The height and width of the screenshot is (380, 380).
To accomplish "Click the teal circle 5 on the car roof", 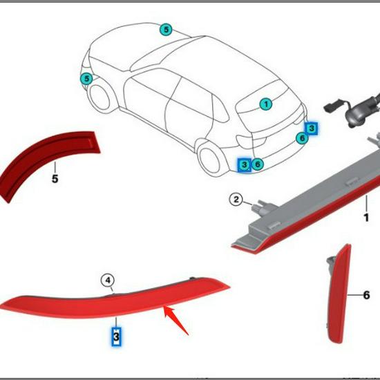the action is (x=166, y=30).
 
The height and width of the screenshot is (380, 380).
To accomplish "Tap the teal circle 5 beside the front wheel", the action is (x=86, y=79).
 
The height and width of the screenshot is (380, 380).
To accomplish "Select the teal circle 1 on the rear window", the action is (x=266, y=104).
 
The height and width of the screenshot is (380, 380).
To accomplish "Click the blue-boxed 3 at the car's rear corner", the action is (x=312, y=128).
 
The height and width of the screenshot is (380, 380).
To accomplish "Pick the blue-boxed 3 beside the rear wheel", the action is (x=245, y=165).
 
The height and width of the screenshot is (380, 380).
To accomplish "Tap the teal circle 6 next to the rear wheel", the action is (x=258, y=164).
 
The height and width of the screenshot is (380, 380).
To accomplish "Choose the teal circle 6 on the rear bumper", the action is (x=302, y=138).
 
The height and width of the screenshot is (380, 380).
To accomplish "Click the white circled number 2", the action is (x=236, y=200).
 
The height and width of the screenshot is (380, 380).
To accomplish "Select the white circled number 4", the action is (x=108, y=281).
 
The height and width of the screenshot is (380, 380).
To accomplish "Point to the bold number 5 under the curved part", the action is (x=55, y=179).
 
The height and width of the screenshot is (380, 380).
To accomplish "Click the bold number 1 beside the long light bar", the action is (x=366, y=218).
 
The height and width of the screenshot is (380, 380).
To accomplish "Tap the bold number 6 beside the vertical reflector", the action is (x=366, y=295).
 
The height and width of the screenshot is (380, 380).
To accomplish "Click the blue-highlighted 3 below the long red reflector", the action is (x=116, y=336).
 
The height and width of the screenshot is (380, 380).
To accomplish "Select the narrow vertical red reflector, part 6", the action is (x=338, y=294).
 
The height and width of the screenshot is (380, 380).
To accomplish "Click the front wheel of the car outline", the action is (x=100, y=97).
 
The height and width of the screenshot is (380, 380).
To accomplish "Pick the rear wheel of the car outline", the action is (x=209, y=159).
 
